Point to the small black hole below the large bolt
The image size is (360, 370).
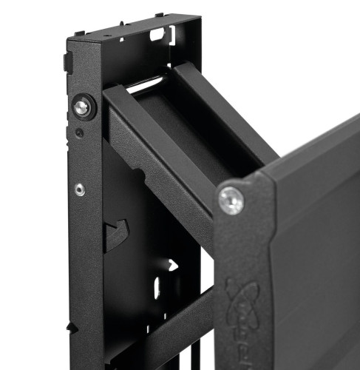click(x=79, y=133)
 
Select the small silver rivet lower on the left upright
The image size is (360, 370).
click(x=79, y=189)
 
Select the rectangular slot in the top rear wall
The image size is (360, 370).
click(x=157, y=33)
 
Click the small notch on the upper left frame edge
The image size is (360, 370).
click(x=67, y=63)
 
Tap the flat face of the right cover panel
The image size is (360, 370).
click(x=318, y=244)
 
